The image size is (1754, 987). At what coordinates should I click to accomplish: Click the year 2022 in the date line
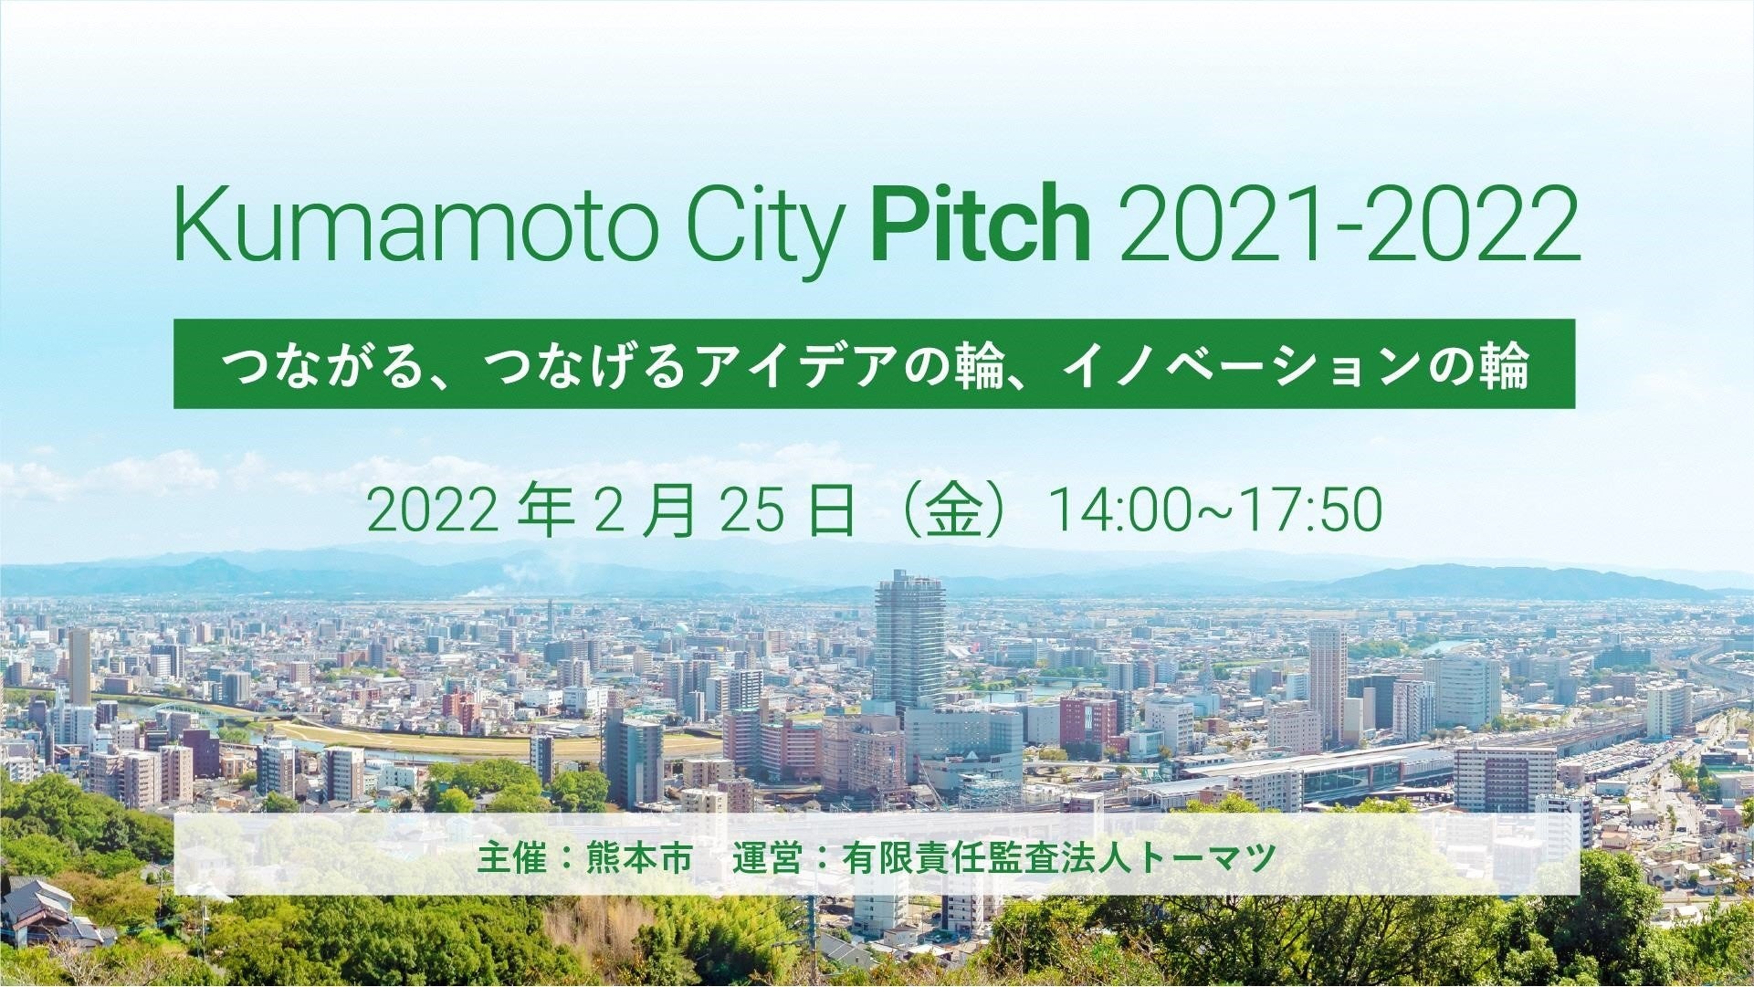click(x=432, y=510)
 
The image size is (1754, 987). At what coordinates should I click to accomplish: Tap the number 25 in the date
click(x=752, y=510)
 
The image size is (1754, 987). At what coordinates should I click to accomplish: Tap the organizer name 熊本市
click(x=639, y=859)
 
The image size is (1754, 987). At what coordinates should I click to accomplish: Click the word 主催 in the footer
click(x=511, y=859)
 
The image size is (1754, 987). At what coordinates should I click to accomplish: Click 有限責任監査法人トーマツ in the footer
click(x=1059, y=859)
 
